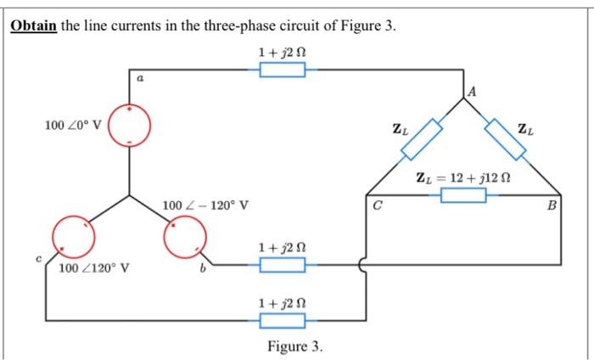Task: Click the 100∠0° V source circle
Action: (x=129, y=126)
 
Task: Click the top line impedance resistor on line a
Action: (x=282, y=70)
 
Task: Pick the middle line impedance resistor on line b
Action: (x=282, y=266)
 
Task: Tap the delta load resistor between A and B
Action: (x=507, y=139)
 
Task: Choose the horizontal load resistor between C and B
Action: (x=462, y=196)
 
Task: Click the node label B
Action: (x=552, y=205)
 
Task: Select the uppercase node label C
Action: (x=378, y=205)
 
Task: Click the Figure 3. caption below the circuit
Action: (x=294, y=346)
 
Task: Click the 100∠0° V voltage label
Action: (x=73, y=126)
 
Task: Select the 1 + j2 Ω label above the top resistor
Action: (x=282, y=52)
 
